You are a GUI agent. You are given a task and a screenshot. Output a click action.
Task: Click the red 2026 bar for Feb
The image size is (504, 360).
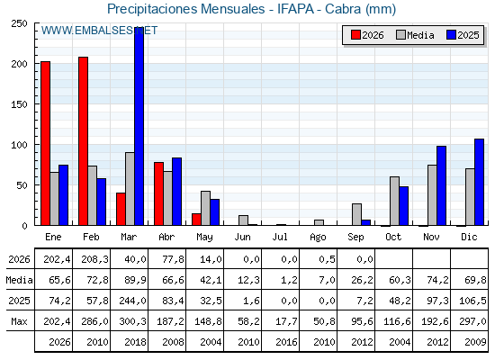point(83,141)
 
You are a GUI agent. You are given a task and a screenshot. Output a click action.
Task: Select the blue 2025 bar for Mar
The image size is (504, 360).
point(139,127)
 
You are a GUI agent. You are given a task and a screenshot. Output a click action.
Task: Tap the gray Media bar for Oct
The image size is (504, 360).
point(395,201)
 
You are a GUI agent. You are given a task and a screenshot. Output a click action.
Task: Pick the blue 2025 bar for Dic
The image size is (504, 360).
point(479,182)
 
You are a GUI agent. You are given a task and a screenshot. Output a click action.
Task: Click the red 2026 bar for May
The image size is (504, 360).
point(196,220)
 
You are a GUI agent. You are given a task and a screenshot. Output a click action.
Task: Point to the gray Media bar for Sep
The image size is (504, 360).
point(356,214)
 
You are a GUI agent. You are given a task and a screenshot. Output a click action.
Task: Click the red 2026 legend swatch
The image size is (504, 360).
point(355,35)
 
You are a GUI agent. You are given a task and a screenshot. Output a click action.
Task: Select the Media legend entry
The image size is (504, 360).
point(415,35)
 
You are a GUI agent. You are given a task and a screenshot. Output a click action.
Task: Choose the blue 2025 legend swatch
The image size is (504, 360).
point(451,35)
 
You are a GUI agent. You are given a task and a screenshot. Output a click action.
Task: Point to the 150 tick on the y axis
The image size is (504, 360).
point(19,104)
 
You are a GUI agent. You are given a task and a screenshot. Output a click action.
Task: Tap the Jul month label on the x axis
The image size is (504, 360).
point(280,237)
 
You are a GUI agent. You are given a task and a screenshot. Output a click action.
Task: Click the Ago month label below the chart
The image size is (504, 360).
point(318,238)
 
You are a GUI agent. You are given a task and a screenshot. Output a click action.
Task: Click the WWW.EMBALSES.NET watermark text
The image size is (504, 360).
point(99,31)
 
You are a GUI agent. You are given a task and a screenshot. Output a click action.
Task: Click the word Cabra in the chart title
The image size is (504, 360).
point(343,9)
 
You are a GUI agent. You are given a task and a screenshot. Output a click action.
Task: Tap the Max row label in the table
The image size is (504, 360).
point(19,321)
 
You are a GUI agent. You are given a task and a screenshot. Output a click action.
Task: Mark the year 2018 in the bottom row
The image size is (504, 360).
point(135,342)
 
